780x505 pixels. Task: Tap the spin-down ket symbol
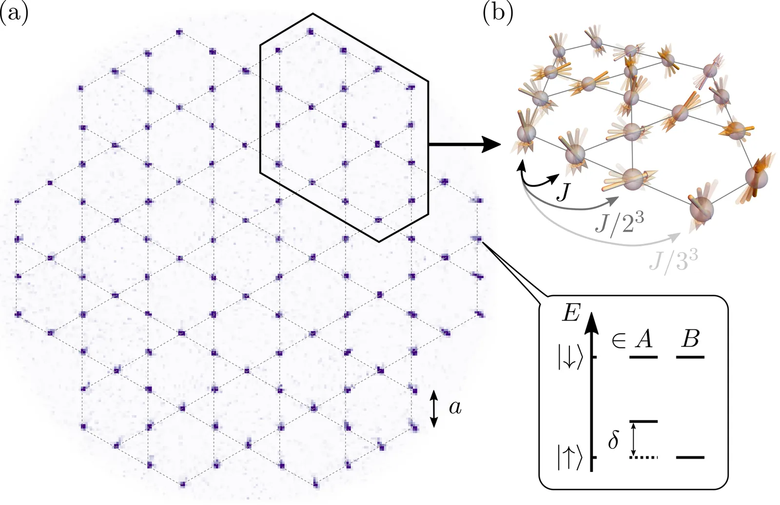[570, 358]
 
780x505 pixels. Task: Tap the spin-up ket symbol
[570, 458]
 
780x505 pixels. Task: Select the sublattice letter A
[644, 339]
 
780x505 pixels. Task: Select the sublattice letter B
[691, 338]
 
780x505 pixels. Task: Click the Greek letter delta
[613, 441]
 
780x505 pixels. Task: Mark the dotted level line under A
[643, 457]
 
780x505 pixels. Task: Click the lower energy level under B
[690, 457]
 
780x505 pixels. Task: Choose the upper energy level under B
[690, 357]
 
